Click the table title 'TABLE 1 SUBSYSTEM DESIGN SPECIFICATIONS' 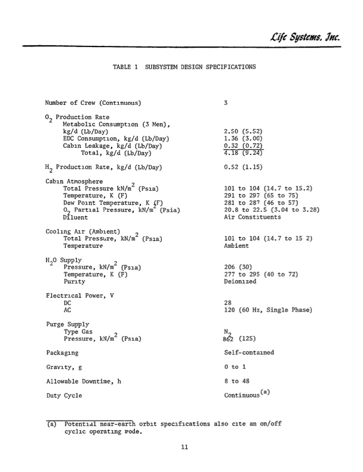184,67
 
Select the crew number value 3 226,103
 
